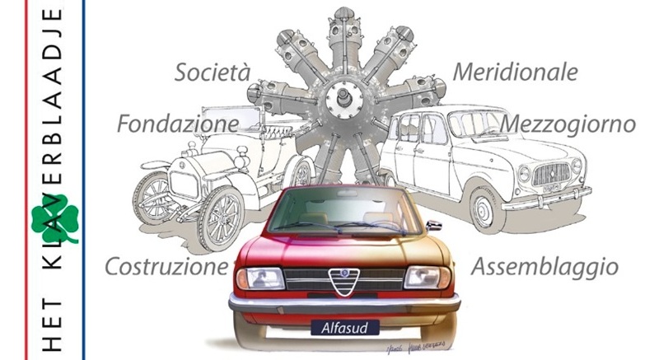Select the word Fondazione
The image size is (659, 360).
pyautogui.click(x=177, y=124)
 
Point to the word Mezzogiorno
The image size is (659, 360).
pyautogui.click(x=568, y=124)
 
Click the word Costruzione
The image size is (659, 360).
pyautogui.click(x=166, y=267)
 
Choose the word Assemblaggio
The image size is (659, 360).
pyautogui.click(x=544, y=267)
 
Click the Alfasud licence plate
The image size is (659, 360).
pyautogui.click(x=344, y=328)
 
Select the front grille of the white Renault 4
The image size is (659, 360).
pyautogui.click(x=551, y=174)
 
